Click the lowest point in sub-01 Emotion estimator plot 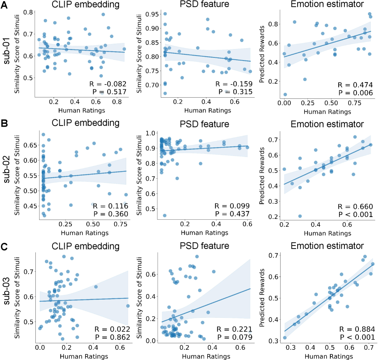coord(285,94)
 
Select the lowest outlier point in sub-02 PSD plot coord(165,215)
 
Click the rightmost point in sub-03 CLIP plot coord(128,306)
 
